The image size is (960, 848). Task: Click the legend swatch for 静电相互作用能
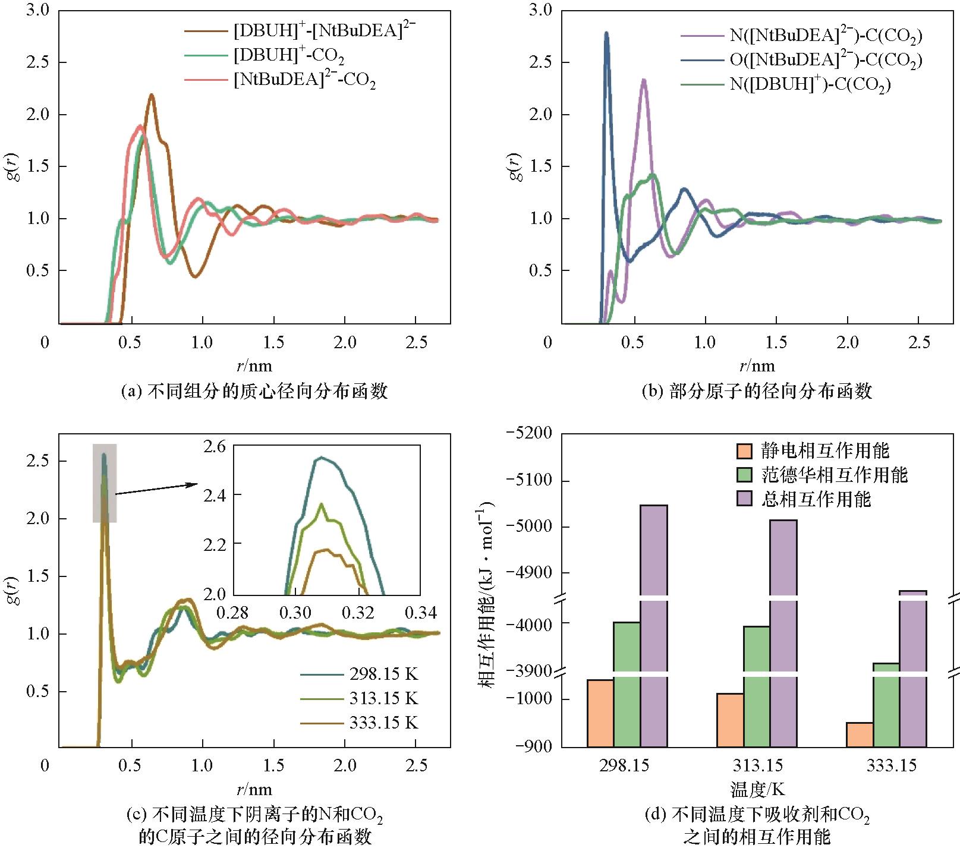[x=745, y=451]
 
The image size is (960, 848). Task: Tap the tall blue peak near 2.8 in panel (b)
[x=606, y=34]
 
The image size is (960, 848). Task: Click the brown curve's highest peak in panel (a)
[x=152, y=95]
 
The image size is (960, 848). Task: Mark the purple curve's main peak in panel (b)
[x=644, y=80]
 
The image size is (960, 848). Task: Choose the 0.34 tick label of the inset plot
[x=420, y=612]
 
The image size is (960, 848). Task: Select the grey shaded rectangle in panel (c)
[x=105, y=483]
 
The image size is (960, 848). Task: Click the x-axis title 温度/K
[x=757, y=790]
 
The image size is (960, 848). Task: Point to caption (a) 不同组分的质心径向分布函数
[x=254, y=392]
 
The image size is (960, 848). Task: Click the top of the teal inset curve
[x=322, y=458]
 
